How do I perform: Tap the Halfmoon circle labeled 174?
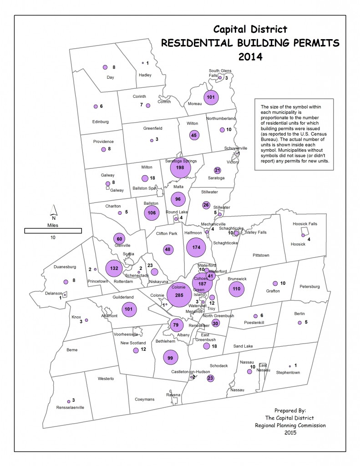click(197, 247)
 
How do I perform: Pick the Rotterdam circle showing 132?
click(114, 268)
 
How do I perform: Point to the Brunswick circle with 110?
click(236, 289)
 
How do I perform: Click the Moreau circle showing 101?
click(211, 97)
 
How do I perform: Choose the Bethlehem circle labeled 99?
click(171, 358)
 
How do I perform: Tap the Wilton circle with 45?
click(194, 135)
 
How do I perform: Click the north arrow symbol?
click(53, 210)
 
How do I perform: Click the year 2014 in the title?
click(250, 57)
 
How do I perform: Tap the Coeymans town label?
click(145, 399)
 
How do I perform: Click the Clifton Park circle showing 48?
click(167, 249)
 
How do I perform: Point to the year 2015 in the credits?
click(289, 433)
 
